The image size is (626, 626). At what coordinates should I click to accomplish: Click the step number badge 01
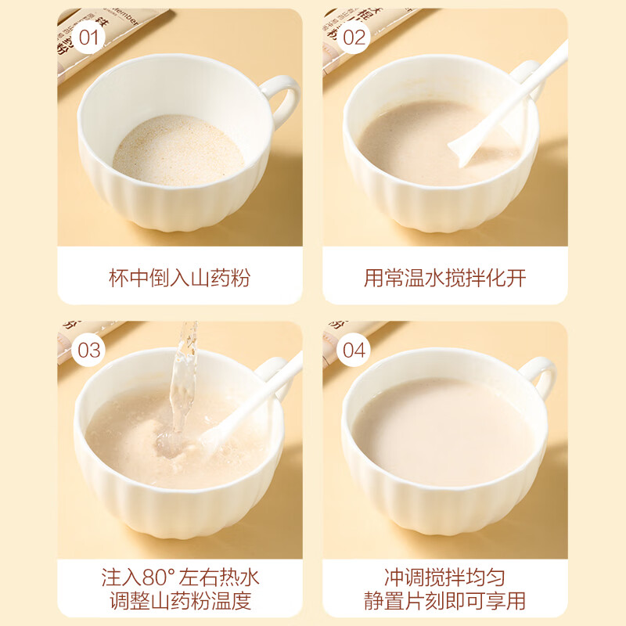point(89,37)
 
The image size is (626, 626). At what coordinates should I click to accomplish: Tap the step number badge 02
point(354,37)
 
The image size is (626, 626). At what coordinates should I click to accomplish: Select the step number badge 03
point(89,350)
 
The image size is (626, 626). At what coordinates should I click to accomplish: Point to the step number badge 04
point(354,350)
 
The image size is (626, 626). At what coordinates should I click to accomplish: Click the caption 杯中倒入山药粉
point(179,277)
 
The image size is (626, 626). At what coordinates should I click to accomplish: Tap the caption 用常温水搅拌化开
point(444,277)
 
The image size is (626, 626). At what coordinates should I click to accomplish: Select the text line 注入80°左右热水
point(179,578)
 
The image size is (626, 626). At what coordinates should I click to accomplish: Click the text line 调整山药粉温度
point(179,601)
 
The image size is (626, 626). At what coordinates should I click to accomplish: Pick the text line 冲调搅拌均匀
point(444,578)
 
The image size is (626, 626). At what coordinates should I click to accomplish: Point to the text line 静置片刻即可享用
point(444,601)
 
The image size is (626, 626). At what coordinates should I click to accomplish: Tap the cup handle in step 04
point(540,376)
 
